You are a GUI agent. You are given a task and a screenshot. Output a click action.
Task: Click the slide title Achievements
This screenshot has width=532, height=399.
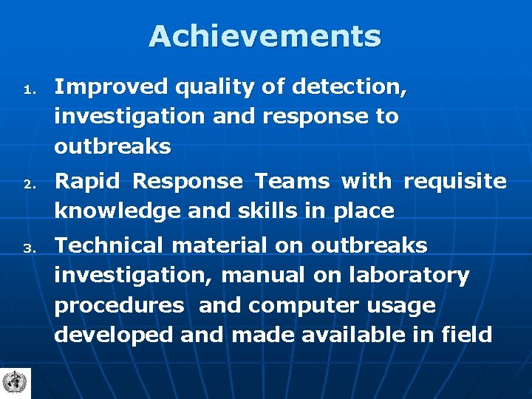coord(265,36)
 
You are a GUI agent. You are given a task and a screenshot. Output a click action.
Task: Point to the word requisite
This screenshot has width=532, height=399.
coord(455,182)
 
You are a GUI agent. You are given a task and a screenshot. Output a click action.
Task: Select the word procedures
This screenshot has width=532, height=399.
coord(119,306)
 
